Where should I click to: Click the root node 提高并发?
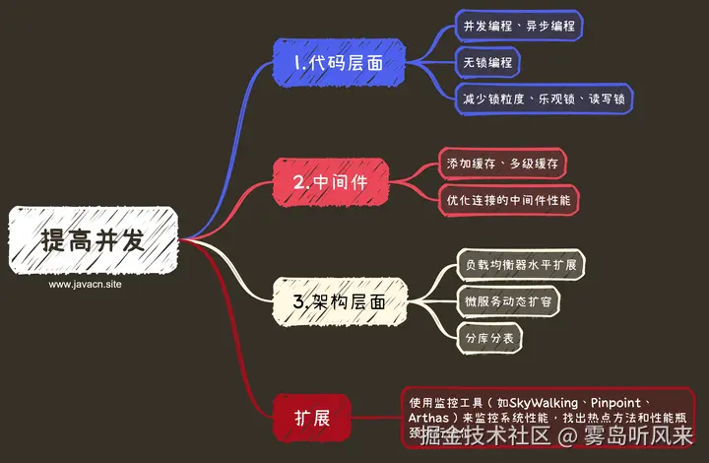click(x=94, y=240)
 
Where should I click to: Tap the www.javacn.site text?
click(x=86, y=284)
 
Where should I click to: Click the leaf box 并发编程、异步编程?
click(x=519, y=25)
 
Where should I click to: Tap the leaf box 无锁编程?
click(x=486, y=61)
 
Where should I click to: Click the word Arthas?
click(x=429, y=420)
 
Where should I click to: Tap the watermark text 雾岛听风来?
click(x=639, y=436)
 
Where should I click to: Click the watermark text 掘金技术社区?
click(x=484, y=436)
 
